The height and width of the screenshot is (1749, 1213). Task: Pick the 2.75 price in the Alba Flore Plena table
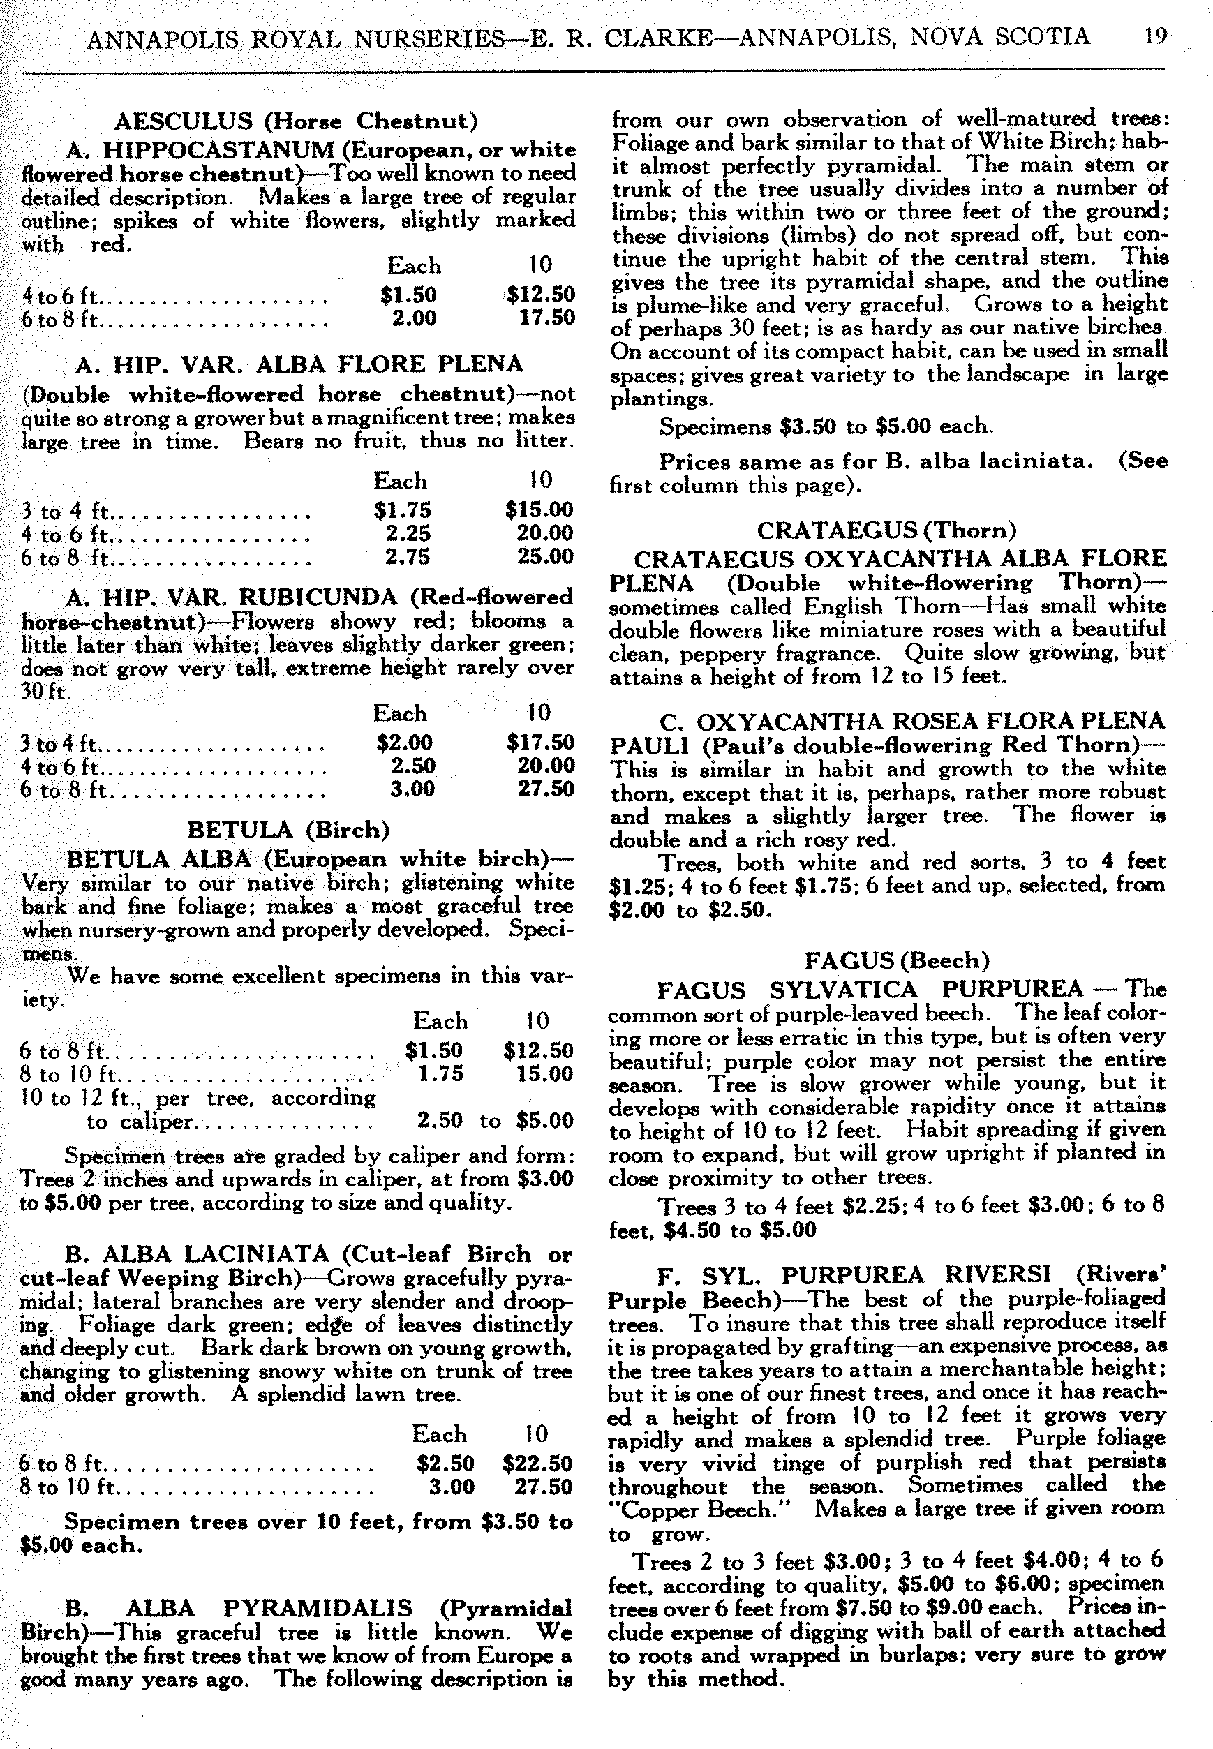click(408, 556)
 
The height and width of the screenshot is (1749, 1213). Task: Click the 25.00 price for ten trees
click(545, 556)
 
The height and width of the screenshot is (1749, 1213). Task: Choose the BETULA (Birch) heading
click(288, 829)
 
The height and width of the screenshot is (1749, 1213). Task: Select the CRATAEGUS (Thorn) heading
click(887, 530)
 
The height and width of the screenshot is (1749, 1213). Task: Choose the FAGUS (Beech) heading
click(897, 961)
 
